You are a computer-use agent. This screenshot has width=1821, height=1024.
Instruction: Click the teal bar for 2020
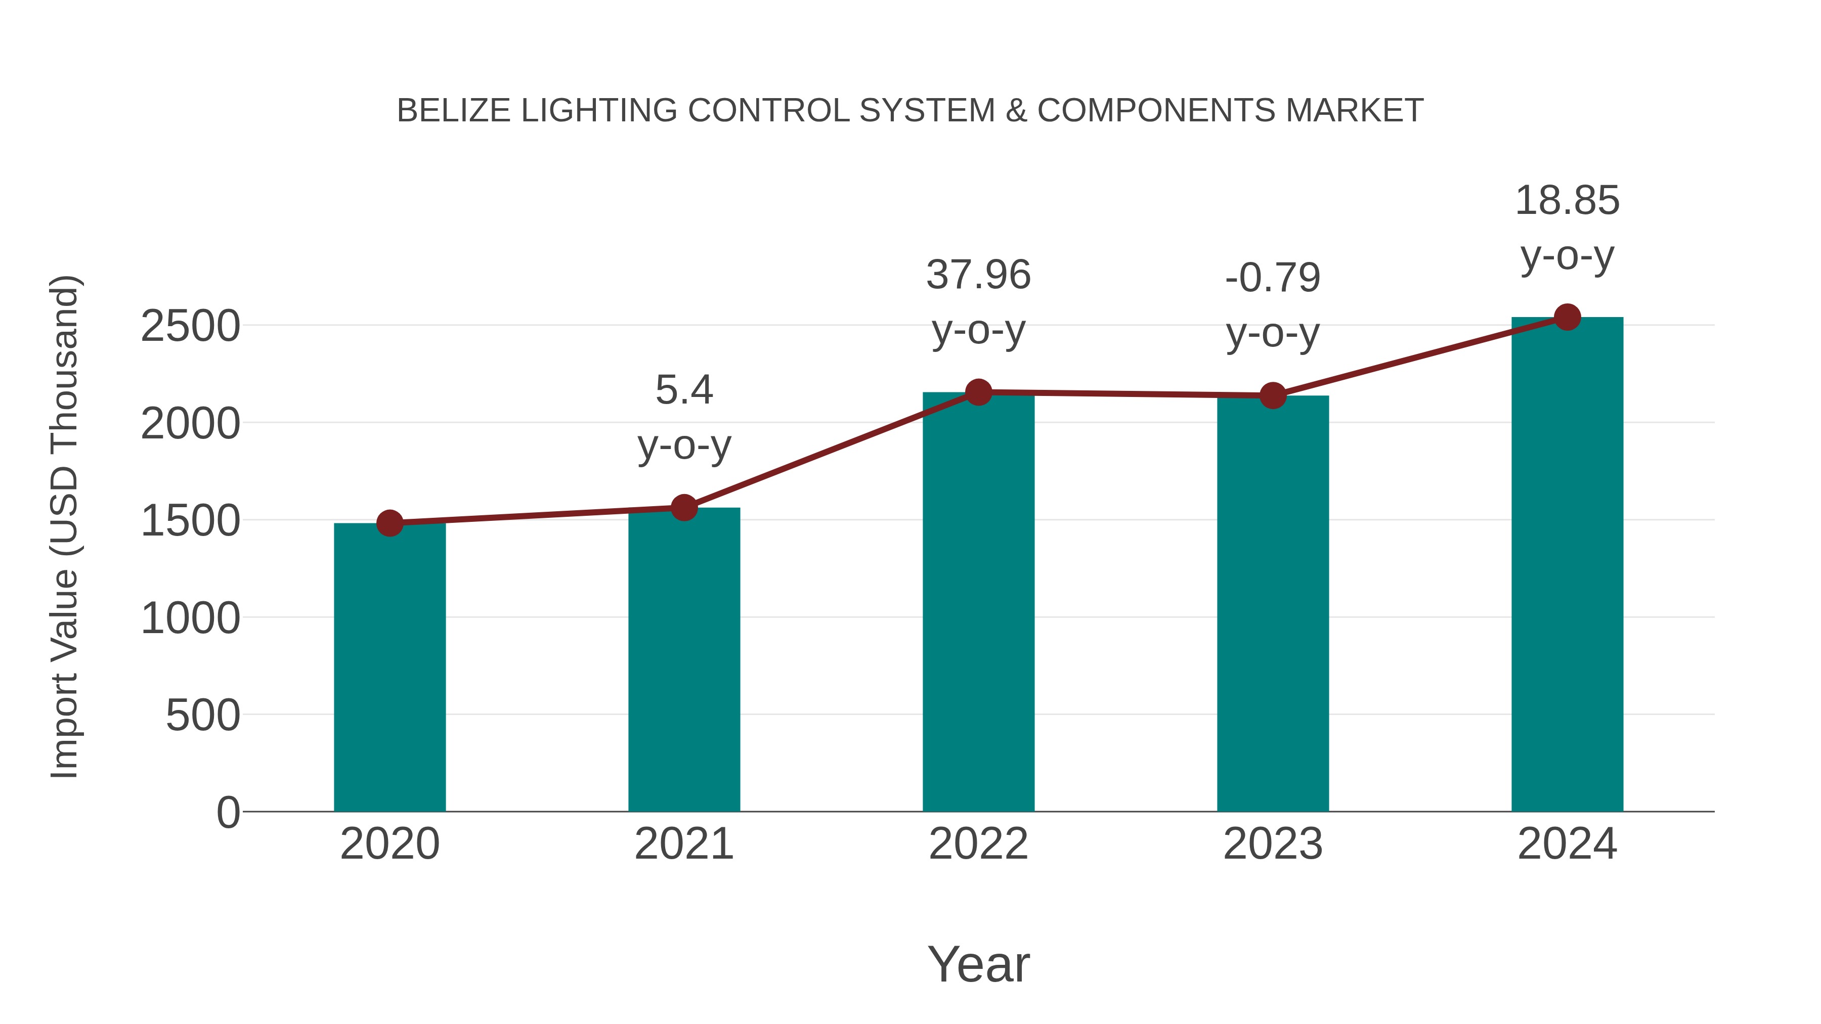[x=389, y=668]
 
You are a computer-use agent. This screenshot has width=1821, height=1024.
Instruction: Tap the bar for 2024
[x=1567, y=565]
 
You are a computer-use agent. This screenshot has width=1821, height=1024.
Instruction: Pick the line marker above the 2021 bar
[x=683, y=507]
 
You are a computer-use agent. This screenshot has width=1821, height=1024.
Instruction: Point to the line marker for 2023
[x=1273, y=396]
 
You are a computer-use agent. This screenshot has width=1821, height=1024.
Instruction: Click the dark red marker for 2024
[x=1567, y=317]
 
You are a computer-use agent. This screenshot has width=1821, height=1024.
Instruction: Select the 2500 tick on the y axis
[x=190, y=327]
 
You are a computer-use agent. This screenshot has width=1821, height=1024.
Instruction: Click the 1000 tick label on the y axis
[x=190, y=618]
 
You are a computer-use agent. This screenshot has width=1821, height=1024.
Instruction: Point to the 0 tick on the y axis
[x=228, y=812]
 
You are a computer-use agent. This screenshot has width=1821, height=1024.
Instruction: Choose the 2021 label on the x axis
[x=683, y=844]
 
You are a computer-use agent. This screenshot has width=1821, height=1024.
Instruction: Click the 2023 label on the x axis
[x=1273, y=844]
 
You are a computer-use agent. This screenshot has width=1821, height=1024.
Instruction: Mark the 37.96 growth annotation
[x=978, y=275]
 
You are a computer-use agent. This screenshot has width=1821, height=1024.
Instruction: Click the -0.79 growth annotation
[x=1273, y=278]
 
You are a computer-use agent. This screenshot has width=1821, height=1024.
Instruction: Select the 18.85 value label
[x=1567, y=201]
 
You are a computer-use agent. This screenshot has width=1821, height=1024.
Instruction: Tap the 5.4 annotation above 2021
[x=683, y=390]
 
